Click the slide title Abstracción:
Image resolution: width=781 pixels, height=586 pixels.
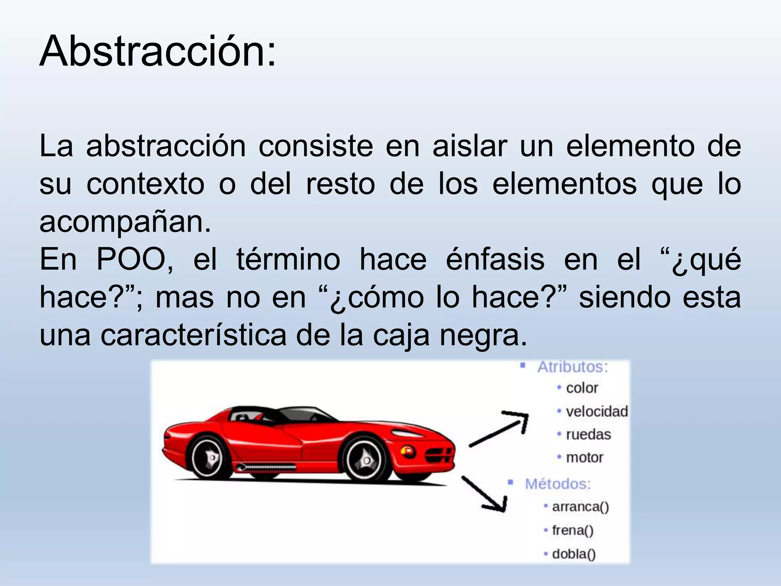click(157, 52)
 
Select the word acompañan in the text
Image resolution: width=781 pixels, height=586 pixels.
click(122, 222)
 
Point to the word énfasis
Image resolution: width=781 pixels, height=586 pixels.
click(495, 260)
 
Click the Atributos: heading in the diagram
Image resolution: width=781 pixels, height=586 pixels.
click(572, 367)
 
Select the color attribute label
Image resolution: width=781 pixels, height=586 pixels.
click(582, 388)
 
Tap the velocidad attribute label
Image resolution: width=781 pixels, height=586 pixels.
click(596, 412)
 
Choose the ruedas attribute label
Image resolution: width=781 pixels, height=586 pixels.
click(588, 435)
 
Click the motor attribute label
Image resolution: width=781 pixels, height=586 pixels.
click(585, 457)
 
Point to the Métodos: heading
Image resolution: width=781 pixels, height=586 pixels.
click(558, 484)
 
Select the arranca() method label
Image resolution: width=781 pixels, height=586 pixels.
click(580, 507)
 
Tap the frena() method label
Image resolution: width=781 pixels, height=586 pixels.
click(572, 530)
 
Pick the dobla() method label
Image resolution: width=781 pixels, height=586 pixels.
click(574, 554)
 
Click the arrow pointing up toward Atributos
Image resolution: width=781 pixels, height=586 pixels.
click(500, 429)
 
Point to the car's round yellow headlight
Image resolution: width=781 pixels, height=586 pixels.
click(407, 451)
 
